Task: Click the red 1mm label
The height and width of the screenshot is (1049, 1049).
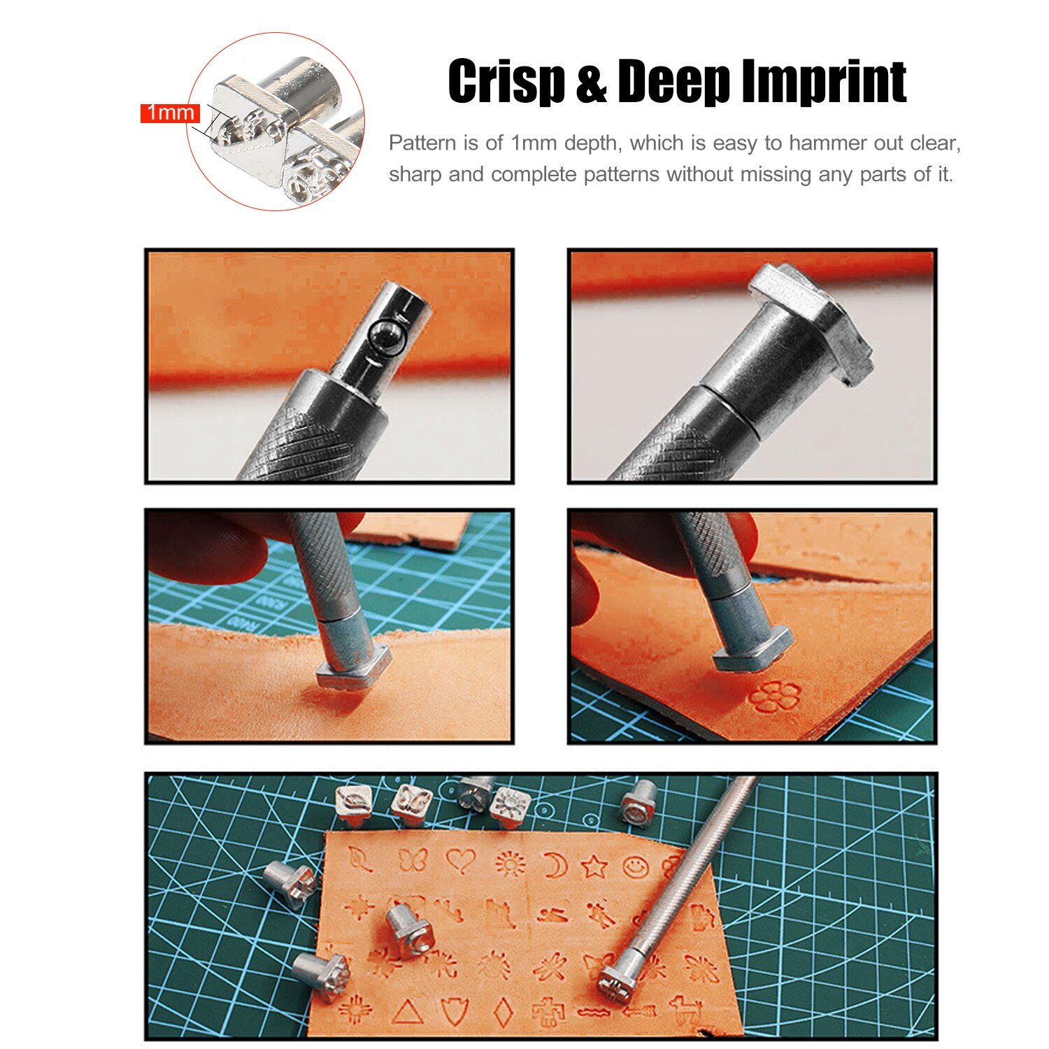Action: coord(170,113)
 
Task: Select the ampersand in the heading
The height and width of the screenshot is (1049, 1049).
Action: coord(591,82)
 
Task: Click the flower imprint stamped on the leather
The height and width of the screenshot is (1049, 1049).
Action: coord(774,697)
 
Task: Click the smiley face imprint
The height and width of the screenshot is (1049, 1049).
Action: coord(635,868)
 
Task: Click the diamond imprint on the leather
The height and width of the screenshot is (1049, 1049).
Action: coord(502,1011)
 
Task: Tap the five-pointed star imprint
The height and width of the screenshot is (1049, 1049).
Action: coord(594,867)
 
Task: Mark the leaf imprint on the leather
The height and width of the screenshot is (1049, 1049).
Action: coord(361,859)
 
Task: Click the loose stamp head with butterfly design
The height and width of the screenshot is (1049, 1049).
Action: coord(411,804)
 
